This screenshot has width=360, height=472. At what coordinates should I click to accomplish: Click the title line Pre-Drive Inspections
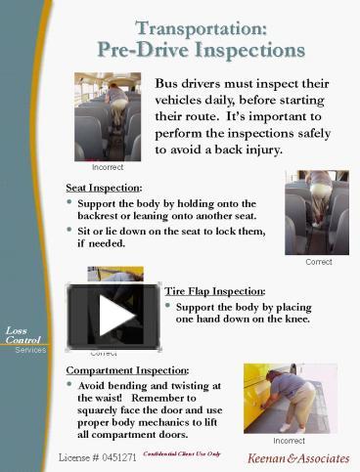coord(201,50)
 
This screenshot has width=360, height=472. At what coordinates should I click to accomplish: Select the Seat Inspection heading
coord(104,187)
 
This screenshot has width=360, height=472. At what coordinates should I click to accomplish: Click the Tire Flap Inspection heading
coord(214,291)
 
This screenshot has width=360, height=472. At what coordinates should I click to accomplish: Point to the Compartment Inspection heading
coord(127,370)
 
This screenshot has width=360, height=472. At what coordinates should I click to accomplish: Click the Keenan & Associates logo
coord(297,457)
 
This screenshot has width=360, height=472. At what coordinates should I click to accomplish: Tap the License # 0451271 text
coord(97,456)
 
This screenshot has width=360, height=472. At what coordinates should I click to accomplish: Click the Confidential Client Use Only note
coord(182,454)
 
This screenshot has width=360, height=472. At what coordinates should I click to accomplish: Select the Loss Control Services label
coord(23,339)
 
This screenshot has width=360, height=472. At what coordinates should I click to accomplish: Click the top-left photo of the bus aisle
coord(108,116)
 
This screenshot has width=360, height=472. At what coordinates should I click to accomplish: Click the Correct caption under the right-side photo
coord(318,262)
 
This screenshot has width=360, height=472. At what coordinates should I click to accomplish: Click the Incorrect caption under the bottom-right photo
coord(290,441)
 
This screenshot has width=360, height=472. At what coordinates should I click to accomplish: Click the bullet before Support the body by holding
coord(69,202)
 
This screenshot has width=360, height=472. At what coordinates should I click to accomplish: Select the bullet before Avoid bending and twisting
coord(69,385)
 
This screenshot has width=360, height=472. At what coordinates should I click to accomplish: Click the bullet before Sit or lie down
coord(69,230)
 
